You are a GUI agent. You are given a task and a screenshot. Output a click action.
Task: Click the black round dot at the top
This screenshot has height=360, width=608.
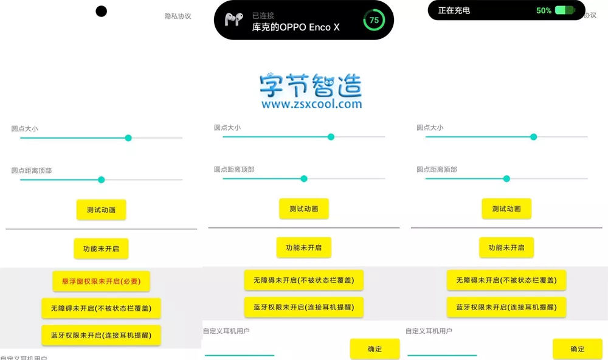101,11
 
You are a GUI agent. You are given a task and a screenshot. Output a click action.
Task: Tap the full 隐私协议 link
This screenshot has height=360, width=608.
178,16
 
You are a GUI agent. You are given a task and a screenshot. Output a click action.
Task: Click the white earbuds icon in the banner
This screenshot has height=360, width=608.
234,19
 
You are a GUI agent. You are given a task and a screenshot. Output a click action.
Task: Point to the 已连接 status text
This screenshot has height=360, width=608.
263,16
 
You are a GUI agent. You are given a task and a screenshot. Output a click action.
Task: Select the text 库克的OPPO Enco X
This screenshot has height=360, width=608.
295,27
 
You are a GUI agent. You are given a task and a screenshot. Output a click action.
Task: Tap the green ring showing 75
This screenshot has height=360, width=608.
374,20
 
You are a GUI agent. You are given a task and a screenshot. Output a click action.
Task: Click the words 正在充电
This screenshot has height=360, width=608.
454,10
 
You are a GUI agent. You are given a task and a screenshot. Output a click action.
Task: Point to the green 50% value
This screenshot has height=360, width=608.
544,10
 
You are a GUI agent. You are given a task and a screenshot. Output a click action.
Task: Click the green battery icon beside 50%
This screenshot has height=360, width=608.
565,10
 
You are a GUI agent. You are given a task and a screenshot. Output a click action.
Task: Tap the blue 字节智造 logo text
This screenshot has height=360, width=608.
311,85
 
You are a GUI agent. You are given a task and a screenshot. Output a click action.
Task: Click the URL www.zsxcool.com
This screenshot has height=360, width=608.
311,104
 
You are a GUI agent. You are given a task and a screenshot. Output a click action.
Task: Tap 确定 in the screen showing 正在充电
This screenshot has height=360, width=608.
578,349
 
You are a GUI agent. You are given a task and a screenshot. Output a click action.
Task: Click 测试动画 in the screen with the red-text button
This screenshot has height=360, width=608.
101,210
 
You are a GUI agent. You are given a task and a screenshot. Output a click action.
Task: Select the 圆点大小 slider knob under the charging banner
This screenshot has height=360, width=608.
534,137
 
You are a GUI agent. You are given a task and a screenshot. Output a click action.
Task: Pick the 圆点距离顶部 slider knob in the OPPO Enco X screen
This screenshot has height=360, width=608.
304,179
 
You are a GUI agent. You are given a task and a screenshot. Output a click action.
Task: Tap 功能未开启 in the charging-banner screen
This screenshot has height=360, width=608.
506,247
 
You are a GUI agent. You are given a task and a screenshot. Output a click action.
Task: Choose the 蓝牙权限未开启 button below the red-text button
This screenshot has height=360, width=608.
101,335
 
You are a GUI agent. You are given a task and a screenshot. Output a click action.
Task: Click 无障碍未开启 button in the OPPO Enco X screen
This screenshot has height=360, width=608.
303,280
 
